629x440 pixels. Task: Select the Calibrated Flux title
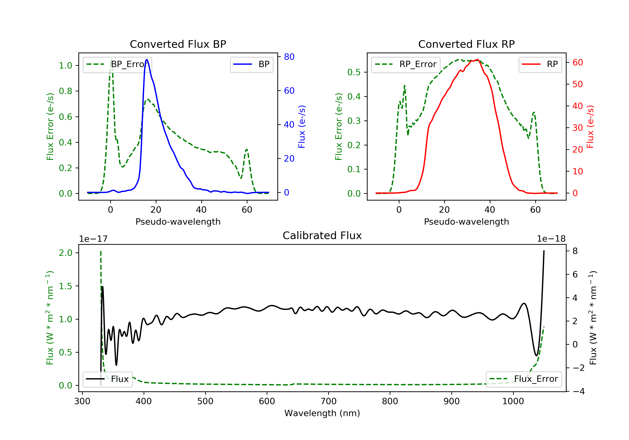322,236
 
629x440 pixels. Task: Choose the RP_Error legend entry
406,65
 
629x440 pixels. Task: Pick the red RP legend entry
540,65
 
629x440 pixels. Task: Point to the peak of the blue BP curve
147,60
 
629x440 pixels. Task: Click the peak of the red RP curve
477,60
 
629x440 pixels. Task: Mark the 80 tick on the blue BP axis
289,57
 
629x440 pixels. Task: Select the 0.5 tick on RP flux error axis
354,72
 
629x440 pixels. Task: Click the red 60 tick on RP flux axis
577,63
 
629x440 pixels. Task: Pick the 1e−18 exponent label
551,239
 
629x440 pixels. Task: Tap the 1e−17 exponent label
94,239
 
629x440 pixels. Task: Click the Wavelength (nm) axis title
322,413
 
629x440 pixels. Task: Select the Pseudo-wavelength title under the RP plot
467,222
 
